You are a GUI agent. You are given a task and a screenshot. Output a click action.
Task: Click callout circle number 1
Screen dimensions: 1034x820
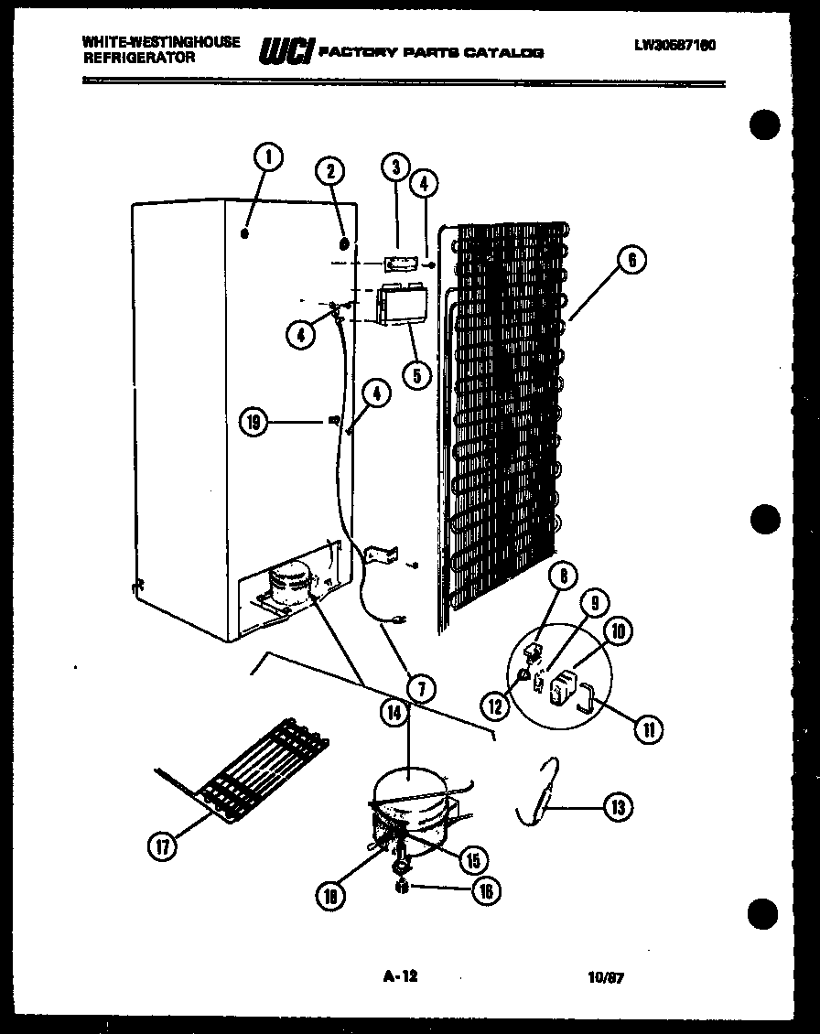[268, 158]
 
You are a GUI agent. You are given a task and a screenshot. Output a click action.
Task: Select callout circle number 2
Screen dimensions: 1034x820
[330, 170]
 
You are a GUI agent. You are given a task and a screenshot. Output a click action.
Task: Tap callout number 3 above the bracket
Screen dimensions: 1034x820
[395, 167]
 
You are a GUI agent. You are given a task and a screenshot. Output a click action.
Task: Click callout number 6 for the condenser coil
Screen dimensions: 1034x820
[631, 261]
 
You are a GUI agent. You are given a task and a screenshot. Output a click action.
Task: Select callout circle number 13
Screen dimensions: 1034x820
[619, 806]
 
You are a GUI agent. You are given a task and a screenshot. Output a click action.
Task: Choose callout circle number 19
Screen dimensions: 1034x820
[254, 422]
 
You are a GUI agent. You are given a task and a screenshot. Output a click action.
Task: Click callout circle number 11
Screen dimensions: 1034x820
[650, 729]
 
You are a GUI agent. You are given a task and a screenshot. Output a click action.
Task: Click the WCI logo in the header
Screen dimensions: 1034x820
[286, 52]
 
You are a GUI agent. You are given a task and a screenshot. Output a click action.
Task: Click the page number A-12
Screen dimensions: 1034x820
[399, 976]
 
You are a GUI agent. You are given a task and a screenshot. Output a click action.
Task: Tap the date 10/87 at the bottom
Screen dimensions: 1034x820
[605, 977]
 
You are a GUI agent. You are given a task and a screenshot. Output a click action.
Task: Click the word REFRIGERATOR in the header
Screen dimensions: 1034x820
[138, 57]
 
